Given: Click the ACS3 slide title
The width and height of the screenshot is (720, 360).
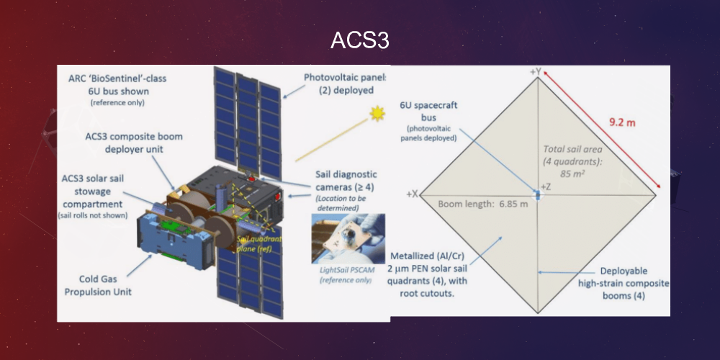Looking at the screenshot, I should click(x=360, y=40).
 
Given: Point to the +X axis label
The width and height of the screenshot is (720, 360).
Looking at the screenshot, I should click(x=413, y=194).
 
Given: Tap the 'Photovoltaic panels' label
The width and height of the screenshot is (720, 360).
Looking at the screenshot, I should click(x=346, y=84).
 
